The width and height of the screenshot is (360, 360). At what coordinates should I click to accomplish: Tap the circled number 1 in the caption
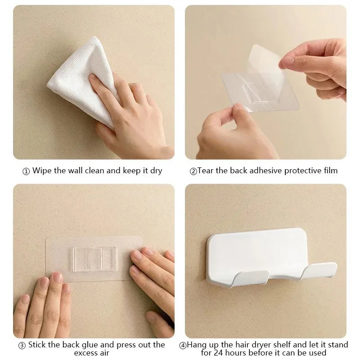[x=26, y=171]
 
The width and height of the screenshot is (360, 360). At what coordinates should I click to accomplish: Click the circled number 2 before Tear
[x=193, y=171]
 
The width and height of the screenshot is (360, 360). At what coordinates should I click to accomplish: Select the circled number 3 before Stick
[x=22, y=346]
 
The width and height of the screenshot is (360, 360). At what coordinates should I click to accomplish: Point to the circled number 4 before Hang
[x=183, y=346]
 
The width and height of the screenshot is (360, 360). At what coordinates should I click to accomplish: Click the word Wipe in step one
[x=41, y=171]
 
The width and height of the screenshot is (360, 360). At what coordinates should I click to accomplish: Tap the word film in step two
[x=329, y=171]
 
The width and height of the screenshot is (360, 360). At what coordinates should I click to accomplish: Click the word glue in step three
[x=90, y=345]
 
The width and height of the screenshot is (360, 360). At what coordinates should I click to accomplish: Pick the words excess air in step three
[x=92, y=353]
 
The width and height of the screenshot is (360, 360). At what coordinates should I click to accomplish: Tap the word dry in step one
[x=155, y=171]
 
